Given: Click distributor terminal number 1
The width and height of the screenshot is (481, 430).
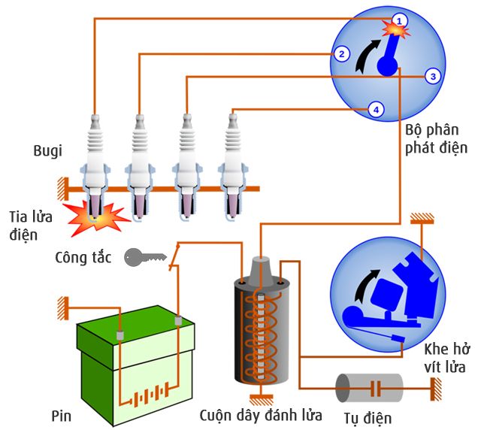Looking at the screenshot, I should (x=401, y=20).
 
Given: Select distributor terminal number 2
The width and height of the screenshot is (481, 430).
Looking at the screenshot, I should (x=341, y=53).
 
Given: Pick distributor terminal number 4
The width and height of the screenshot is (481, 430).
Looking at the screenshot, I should (x=377, y=110).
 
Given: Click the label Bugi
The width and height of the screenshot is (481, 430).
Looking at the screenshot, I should (x=47, y=151).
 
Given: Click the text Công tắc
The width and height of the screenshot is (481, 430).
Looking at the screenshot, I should (x=83, y=258).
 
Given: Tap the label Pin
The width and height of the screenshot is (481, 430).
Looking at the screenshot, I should (x=62, y=414).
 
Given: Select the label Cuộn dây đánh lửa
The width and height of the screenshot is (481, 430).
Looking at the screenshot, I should (x=261, y=415).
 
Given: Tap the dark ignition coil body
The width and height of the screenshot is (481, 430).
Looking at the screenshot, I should (x=259, y=331).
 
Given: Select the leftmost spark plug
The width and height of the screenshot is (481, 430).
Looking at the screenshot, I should (x=95, y=162).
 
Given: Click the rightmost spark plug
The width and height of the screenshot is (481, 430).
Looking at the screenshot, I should (x=231, y=162).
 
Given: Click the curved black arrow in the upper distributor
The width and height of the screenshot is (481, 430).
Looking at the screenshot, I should (x=368, y=56).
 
